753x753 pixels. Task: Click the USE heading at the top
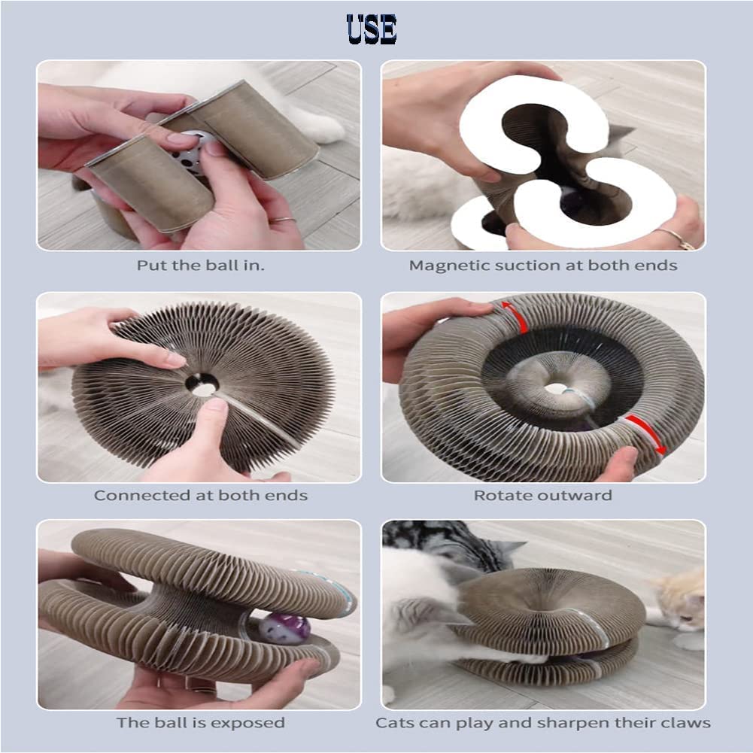371,29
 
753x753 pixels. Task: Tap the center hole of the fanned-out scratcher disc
202,384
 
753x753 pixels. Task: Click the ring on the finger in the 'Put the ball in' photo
284,220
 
